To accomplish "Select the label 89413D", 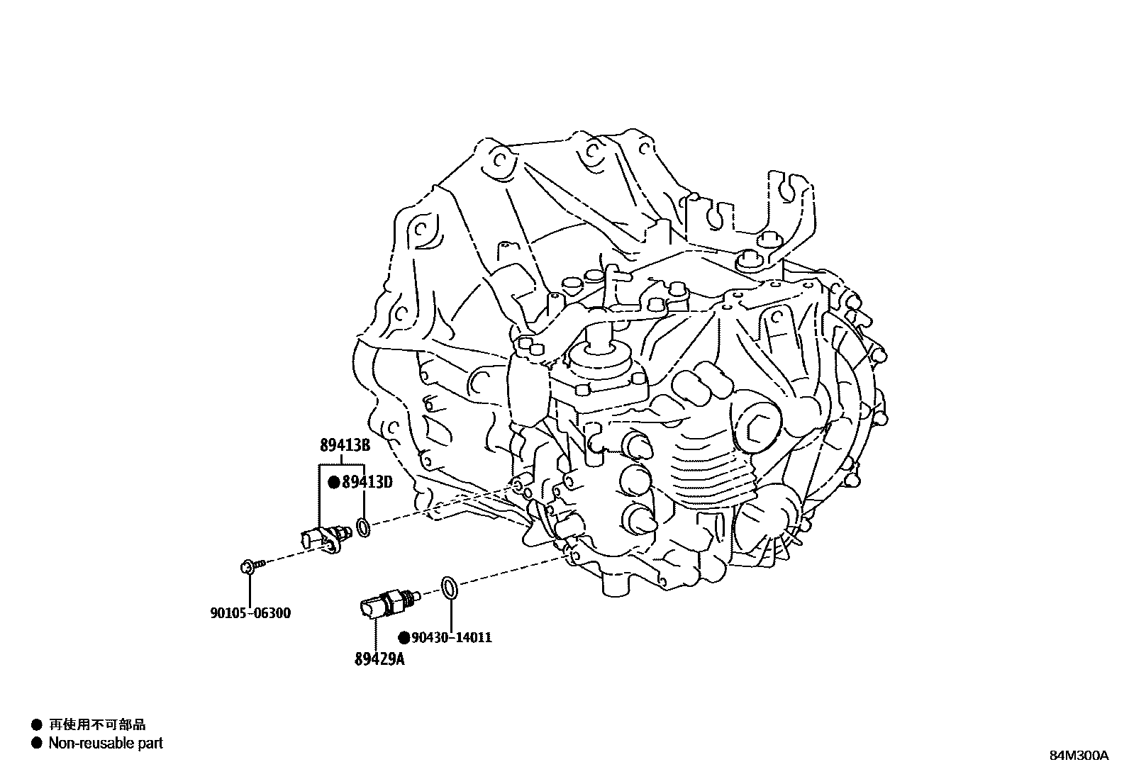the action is [367, 483].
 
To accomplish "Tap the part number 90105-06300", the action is [250, 613].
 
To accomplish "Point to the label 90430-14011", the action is [452, 637].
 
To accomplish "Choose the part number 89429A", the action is [379, 659].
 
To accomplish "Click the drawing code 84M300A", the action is [1079, 755].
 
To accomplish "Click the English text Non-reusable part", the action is [106, 743].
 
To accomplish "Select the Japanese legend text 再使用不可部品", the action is [96, 724].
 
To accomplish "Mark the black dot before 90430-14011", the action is [404, 637].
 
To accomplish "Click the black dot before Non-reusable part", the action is [36, 743].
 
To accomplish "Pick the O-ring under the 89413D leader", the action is [362, 527].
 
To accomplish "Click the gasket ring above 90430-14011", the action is [449, 587].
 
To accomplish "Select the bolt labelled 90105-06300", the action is [250, 566].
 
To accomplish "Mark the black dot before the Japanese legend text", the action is [36, 724].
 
